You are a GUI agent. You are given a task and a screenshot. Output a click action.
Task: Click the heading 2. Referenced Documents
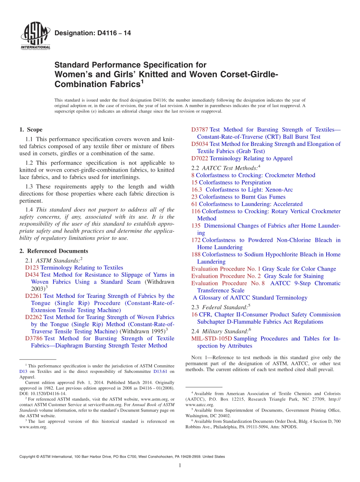point(54,251)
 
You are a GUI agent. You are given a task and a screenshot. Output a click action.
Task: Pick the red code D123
point(32,268)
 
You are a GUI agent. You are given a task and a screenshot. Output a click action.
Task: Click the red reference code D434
point(32,275)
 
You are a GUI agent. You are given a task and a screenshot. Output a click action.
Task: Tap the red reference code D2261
point(33,296)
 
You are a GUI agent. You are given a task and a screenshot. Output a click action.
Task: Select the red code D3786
point(33,338)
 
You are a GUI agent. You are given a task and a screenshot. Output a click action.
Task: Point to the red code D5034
point(199,144)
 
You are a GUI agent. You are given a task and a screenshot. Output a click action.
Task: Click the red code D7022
point(199,158)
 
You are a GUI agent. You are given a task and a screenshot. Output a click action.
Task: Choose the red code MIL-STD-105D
point(211,339)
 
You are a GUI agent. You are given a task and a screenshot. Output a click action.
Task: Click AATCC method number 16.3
point(197,189)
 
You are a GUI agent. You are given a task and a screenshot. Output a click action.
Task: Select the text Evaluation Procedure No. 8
point(228,283)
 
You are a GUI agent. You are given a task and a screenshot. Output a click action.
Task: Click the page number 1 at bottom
point(180,466)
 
